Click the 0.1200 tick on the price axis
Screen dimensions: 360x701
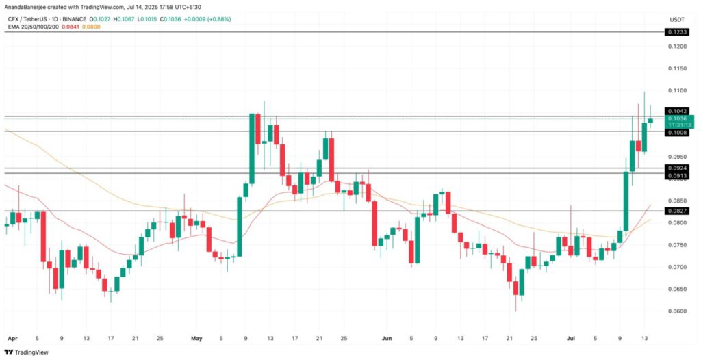[x=678, y=47]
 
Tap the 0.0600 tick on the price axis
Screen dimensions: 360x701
[x=678, y=311]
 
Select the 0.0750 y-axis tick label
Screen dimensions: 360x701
[x=678, y=245]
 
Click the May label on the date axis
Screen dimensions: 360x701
[x=197, y=338]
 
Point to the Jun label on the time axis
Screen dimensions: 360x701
[x=387, y=338]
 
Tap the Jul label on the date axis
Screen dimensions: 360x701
[x=570, y=338]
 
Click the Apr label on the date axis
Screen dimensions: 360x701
[x=11, y=338]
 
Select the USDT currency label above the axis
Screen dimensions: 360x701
[x=676, y=18]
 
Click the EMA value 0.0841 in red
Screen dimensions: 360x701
[x=71, y=27]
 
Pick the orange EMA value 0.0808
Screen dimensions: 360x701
[x=91, y=27]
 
